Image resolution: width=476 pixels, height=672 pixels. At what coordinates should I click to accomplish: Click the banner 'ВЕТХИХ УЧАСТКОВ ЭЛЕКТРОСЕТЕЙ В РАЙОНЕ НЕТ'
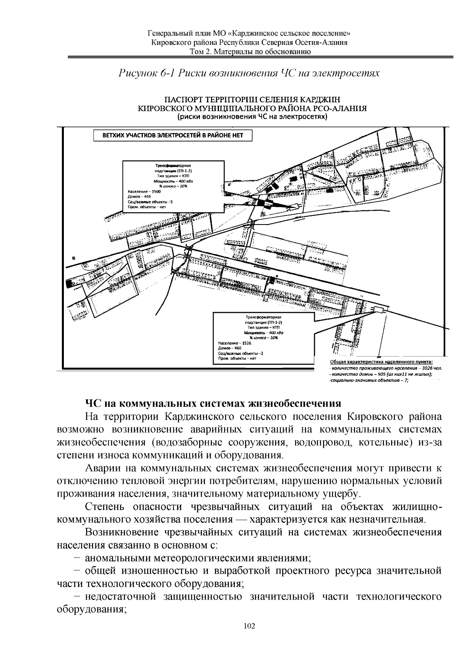(173, 135)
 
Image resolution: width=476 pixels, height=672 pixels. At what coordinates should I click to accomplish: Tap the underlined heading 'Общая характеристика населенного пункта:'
(381, 362)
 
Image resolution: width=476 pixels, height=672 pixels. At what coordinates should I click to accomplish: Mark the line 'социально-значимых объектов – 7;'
(369, 380)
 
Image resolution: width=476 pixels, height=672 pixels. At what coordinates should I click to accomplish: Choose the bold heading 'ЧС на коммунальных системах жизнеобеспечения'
(213, 404)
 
